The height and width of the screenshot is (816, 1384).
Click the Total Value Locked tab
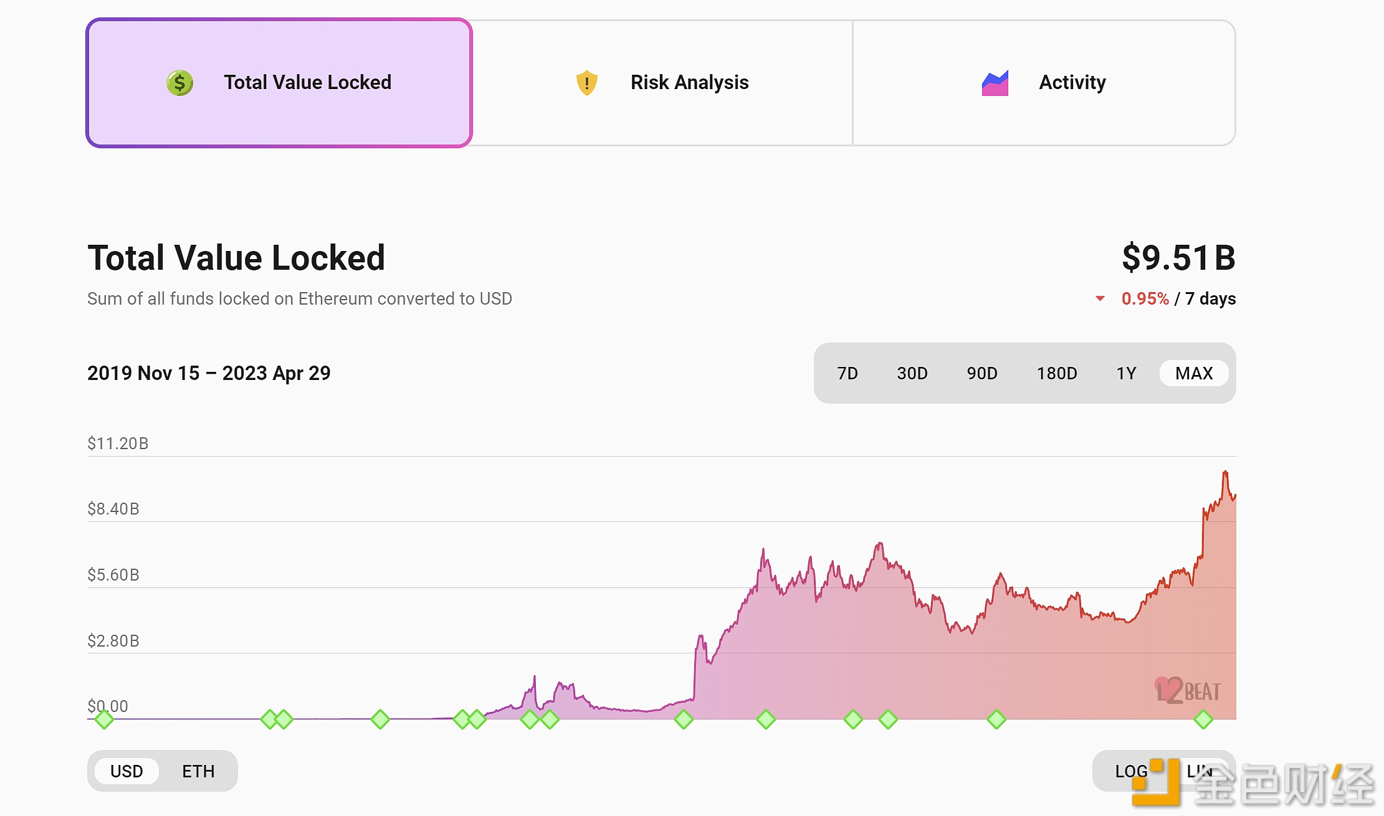pyautogui.click(x=279, y=83)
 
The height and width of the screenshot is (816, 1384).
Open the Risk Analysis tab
pyautogui.click(x=662, y=83)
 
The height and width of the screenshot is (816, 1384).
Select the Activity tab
pyautogui.click(x=1044, y=83)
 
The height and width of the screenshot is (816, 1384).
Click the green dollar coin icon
pyautogui.click(x=179, y=83)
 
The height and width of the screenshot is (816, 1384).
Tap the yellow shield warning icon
pyautogui.click(x=586, y=83)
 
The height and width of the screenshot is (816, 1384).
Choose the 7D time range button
pyautogui.click(x=847, y=373)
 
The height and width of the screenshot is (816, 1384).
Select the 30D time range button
pyautogui.click(x=912, y=373)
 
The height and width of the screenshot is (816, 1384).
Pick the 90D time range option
pyautogui.click(x=981, y=373)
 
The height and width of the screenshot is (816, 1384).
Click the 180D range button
pyautogui.click(x=1056, y=373)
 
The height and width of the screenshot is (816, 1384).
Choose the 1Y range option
pyautogui.click(x=1126, y=373)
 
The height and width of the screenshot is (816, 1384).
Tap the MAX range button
pyautogui.click(x=1193, y=373)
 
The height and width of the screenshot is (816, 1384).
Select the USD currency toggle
pyautogui.click(x=126, y=771)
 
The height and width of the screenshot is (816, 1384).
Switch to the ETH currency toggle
pyautogui.click(x=198, y=771)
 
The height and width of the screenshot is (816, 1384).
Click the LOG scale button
pyautogui.click(x=1129, y=771)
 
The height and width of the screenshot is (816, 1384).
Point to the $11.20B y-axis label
pyautogui.click(x=118, y=444)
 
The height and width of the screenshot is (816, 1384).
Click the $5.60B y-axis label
pyautogui.click(x=113, y=574)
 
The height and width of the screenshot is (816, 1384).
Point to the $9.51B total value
pyautogui.click(x=1178, y=257)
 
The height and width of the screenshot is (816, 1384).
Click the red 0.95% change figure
pyautogui.click(x=1145, y=299)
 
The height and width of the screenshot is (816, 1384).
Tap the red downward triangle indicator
pyautogui.click(x=1100, y=299)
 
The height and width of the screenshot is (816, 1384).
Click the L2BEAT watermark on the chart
pyautogui.click(x=1187, y=691)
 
